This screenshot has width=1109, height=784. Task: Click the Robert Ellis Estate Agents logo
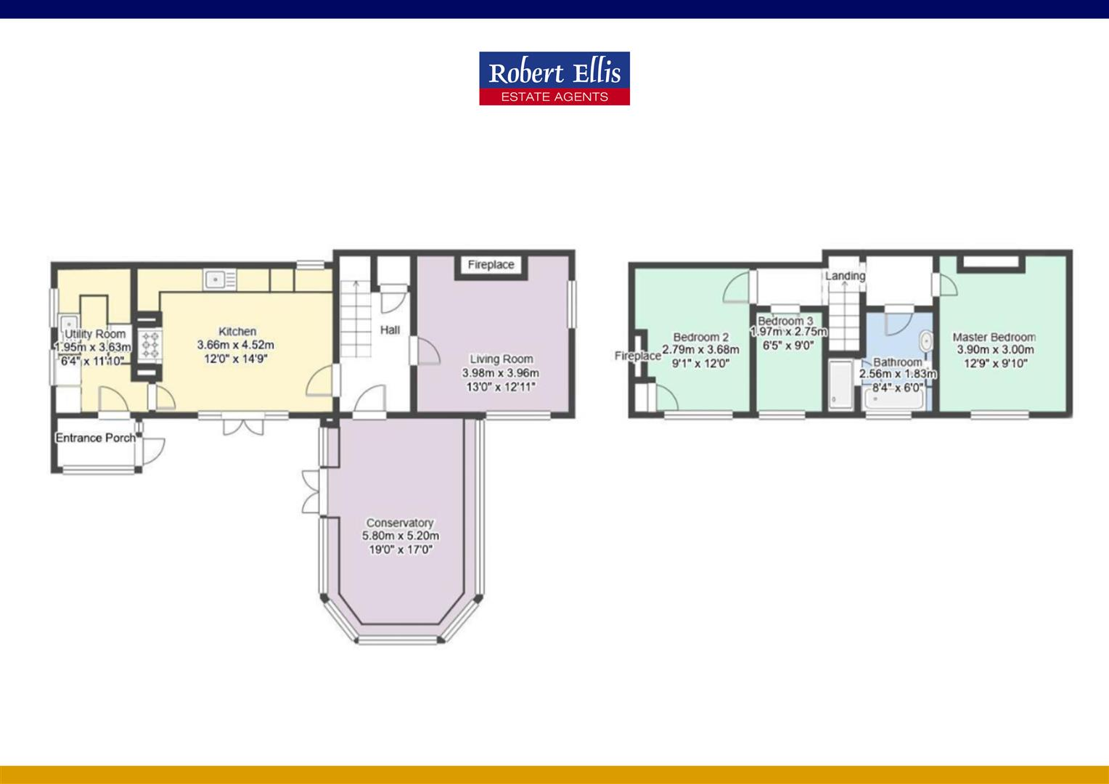pos(554,78)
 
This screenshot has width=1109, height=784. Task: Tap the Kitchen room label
pos(237,332)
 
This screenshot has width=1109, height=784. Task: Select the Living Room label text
pos(501,359)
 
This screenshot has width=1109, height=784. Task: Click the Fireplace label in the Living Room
pos(491,265)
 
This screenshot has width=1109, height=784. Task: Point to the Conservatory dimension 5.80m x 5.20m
pos(401,536)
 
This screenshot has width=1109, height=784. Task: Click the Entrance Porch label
pos(95,438)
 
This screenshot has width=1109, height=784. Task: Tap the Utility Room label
pos(95,334)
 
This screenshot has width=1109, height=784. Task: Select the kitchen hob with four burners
pos(150,345)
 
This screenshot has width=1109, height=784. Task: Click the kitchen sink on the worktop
pos(216,278)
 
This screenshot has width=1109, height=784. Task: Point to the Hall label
pos(390,330)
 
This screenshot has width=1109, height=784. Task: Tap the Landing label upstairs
pos(845,276)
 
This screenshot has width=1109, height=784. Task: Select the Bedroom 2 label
pos(700,337)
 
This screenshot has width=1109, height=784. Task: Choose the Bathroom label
pos(898,362)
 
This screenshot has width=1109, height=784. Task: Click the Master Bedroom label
pos(994,337)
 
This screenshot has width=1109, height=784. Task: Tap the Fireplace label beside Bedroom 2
pos(637,356)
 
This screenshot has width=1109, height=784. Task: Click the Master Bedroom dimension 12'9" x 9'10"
pos(995,363)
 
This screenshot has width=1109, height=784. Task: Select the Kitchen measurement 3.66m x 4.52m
pos(236,345)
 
